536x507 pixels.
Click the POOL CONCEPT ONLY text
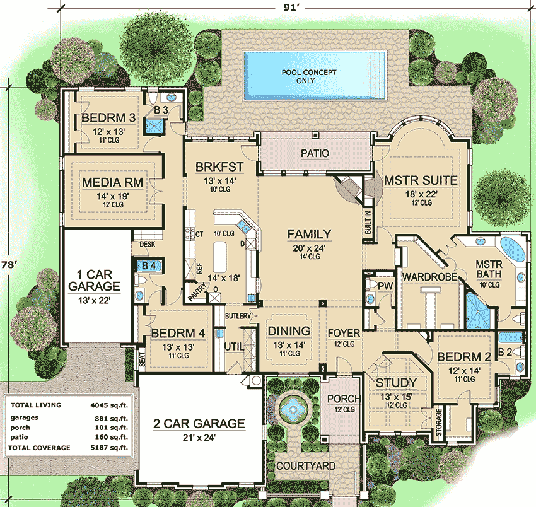coord(309,76)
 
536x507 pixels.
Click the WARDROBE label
coord(426,276)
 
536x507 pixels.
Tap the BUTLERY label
coord(238,316)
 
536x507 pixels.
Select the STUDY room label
coord(396,383)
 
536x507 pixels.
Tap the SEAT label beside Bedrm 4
coord(142,360)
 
